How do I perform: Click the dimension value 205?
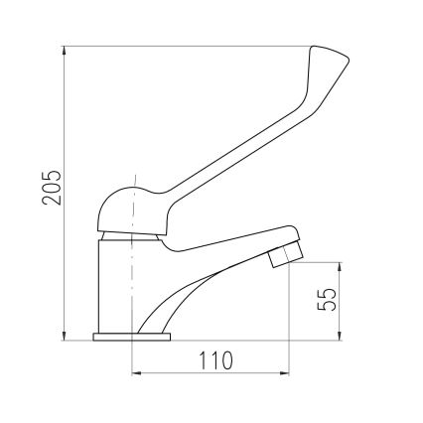52,189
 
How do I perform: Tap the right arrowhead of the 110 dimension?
287,374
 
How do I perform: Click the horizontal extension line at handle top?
189,45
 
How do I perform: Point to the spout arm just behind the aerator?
238,245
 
